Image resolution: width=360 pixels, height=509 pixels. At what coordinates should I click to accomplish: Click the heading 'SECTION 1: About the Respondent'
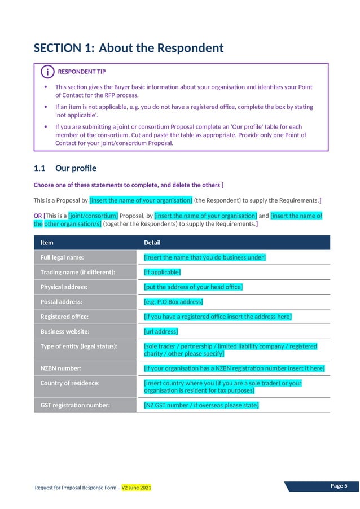pos(129,48)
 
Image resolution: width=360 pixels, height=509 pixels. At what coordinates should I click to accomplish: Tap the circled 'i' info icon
pos(48,72)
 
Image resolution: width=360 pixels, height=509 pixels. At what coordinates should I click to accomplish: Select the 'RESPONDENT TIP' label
pos(81,72)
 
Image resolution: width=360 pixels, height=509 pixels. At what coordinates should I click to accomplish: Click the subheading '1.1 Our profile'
pos(65,168)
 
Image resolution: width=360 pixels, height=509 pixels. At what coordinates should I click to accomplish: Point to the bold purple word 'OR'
pos(38,216)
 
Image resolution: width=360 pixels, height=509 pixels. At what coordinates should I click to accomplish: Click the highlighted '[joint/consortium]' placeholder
pos(93,216)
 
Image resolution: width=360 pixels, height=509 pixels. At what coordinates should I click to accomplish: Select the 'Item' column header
pos(47,243)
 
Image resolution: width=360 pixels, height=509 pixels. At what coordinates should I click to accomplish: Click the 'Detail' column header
pos(152,243)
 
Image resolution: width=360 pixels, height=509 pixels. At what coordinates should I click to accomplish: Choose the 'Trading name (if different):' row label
pos(78,272)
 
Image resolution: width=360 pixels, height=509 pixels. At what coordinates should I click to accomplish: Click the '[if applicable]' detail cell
pos(163,272)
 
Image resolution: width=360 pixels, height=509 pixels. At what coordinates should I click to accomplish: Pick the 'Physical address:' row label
pos(64,287)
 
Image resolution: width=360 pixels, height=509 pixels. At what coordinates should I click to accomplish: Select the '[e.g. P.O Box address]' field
pos(173,302)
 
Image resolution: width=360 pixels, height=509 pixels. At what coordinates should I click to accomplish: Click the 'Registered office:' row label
pos(64,317)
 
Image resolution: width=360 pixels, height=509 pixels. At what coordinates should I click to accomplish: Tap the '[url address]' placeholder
pos(161,331)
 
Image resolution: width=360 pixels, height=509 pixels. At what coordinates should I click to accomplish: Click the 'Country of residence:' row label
pos(70,383)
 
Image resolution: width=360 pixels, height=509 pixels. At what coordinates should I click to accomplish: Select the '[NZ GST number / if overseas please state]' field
pos(201,405)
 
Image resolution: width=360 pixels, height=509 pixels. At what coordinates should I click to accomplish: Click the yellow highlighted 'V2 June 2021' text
pos(137,487)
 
